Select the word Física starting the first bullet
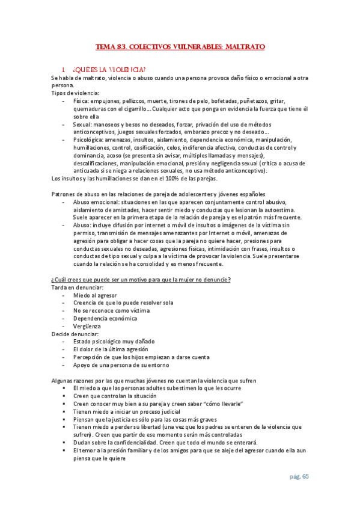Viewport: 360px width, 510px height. [82, 100]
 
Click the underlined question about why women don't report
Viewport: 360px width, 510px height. [141, 280]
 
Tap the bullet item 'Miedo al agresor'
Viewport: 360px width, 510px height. [95, 295]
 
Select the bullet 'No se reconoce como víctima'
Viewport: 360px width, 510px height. [112, 310]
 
